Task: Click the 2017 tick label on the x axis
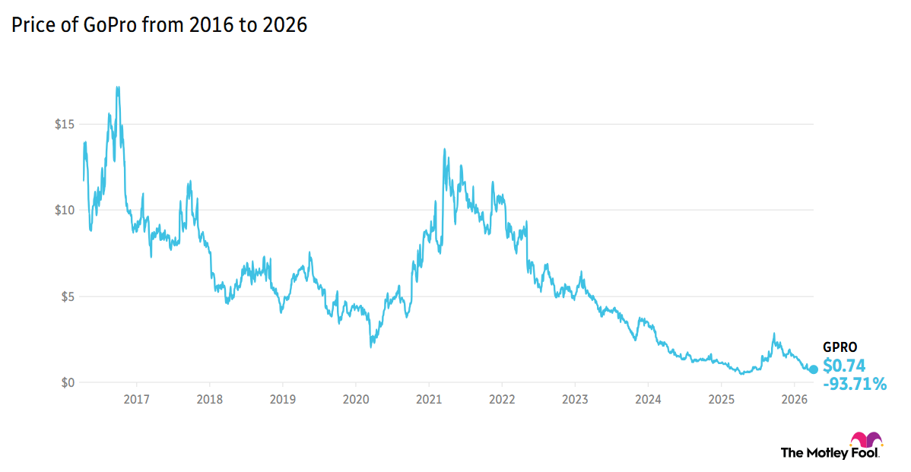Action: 136,399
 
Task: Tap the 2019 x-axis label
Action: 282,399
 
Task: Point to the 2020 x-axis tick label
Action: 356,399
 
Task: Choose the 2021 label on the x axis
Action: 429,399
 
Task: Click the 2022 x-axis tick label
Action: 502,399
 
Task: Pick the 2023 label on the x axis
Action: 575,399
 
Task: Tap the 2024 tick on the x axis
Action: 648,399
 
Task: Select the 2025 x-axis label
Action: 721,399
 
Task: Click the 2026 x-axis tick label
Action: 794,399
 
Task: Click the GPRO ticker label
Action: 840,347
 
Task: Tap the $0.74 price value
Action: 844,366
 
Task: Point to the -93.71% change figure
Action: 855,385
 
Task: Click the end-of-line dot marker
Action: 813,369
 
